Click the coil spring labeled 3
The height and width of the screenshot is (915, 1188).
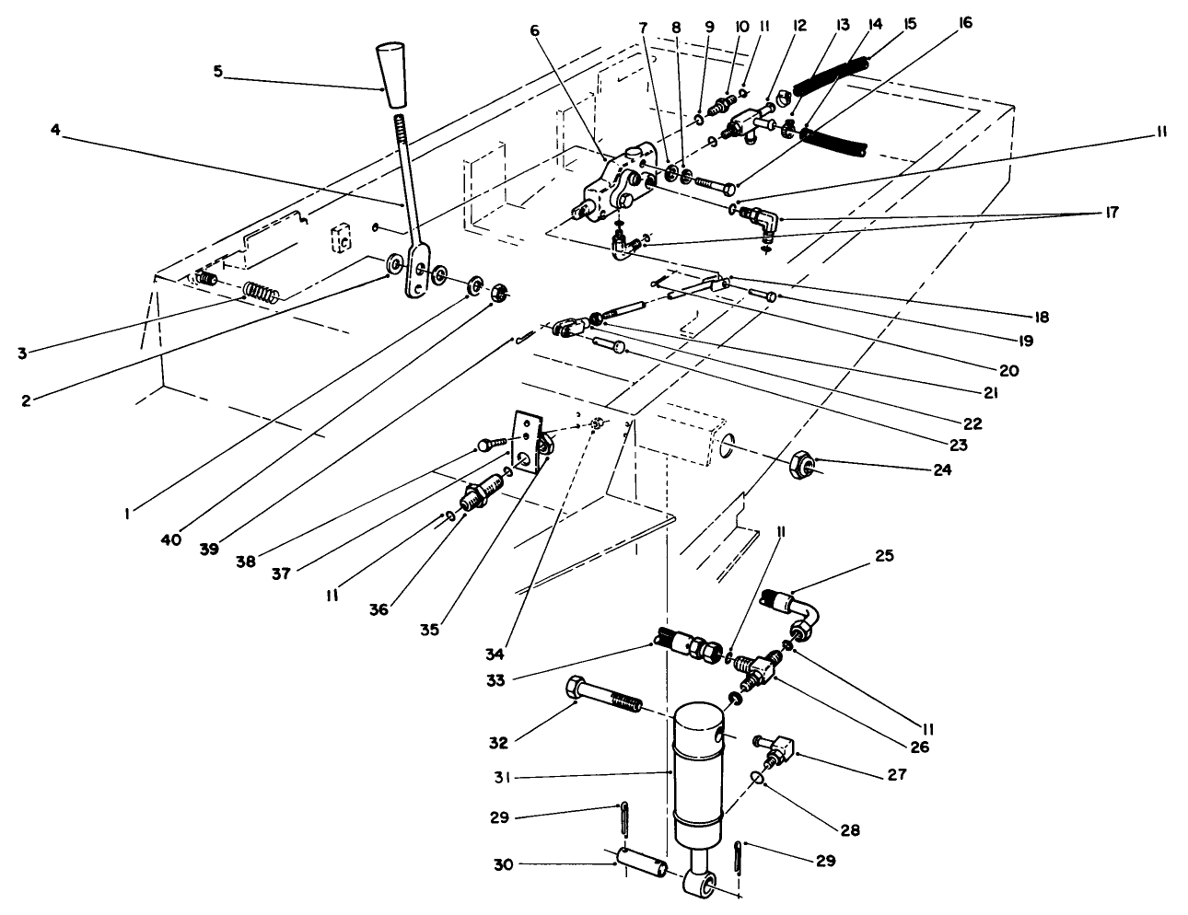tap(261, 293)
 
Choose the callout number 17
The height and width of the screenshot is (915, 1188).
tap(1112, 213)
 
